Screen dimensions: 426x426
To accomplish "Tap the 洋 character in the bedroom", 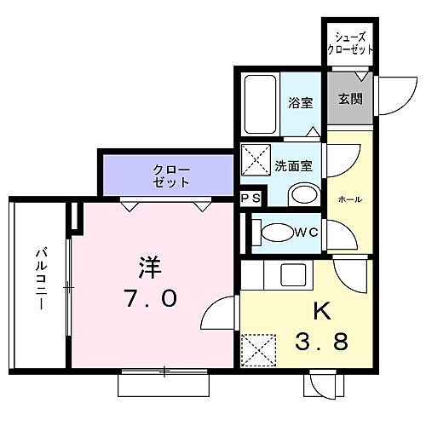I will (146, 267).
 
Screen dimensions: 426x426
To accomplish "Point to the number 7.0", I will (148, 299).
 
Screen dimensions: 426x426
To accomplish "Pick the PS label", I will (250, 199).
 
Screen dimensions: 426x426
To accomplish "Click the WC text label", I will (307, 231).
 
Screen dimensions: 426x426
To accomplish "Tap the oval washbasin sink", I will (302, 194).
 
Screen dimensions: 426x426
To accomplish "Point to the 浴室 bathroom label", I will (301, 102).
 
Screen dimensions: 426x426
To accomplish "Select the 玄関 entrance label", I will (349, 98).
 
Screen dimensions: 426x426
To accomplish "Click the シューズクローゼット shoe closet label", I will (350, 43).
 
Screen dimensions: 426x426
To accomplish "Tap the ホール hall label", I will (350, 199).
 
